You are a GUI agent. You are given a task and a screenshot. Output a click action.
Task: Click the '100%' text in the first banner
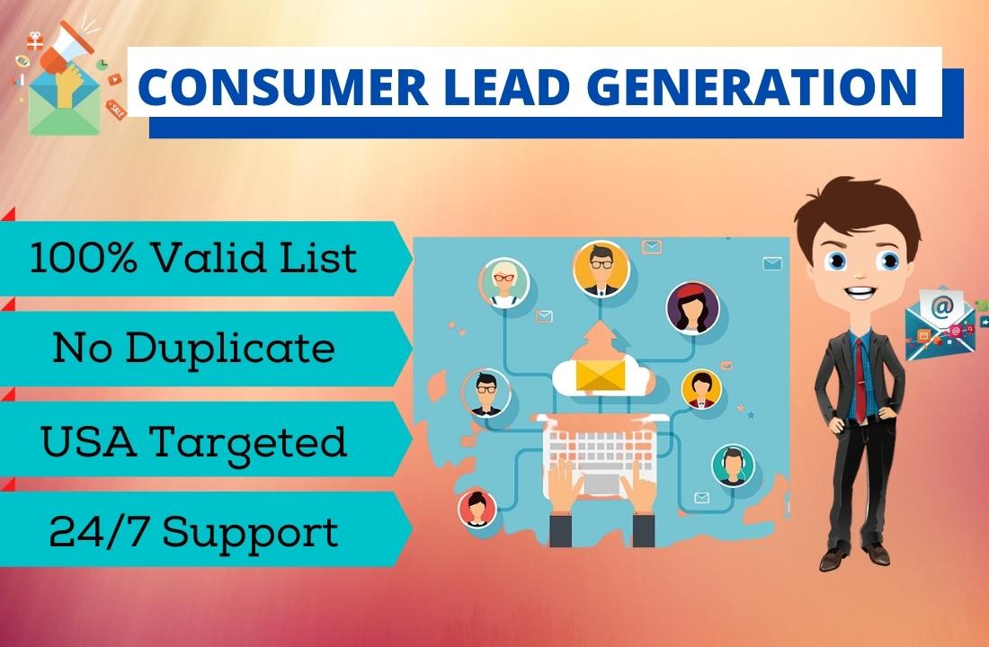tap(76, 259)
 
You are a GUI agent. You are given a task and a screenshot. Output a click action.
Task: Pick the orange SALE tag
tap(115, 110)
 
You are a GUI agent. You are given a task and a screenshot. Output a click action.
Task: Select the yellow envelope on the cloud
tap(600, 375)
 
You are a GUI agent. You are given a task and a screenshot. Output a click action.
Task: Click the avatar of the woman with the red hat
tap(692, 307)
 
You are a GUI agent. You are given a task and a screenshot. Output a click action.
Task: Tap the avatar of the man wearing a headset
tap(733, 465)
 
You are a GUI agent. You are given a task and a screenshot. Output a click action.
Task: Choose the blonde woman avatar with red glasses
tap(503, 282)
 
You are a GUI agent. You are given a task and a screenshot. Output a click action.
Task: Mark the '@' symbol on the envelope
tap(941, 307)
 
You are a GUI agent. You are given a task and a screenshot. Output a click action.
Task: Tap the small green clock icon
tap(102, 63)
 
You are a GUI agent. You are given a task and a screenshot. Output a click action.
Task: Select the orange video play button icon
tap(114, 79)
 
